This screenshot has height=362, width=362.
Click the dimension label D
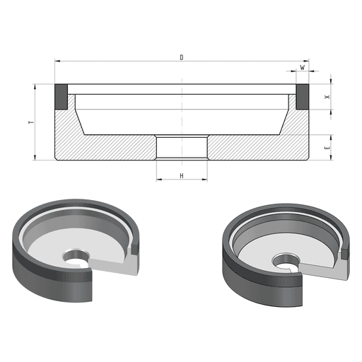(x=182, y=57)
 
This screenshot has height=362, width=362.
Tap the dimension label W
(x=302, y=67)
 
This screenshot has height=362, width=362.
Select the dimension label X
(x=327, y=97)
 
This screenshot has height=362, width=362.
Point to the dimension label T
(x=31, y=122)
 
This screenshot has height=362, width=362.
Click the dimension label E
(x=327, y=148)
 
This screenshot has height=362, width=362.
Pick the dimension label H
(x=182, y=175)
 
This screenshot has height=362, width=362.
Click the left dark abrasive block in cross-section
(x=62, y=97)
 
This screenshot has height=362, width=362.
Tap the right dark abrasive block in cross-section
(x=303, y=97)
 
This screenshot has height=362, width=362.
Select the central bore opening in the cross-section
(x=182, y=148)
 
